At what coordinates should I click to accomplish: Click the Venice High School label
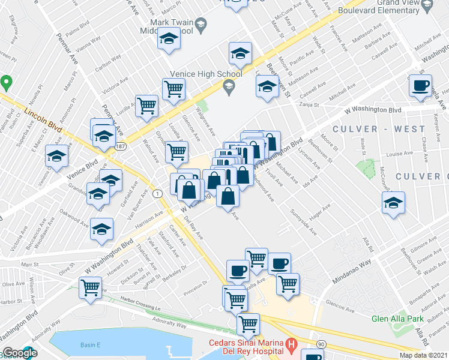click(206, 74)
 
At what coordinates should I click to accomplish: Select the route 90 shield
click(322, 344)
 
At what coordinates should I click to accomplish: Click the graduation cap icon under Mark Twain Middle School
click(169, 40)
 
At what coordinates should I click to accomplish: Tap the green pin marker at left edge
click(6, 82)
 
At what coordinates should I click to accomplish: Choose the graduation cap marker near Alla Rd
click(393, 203)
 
